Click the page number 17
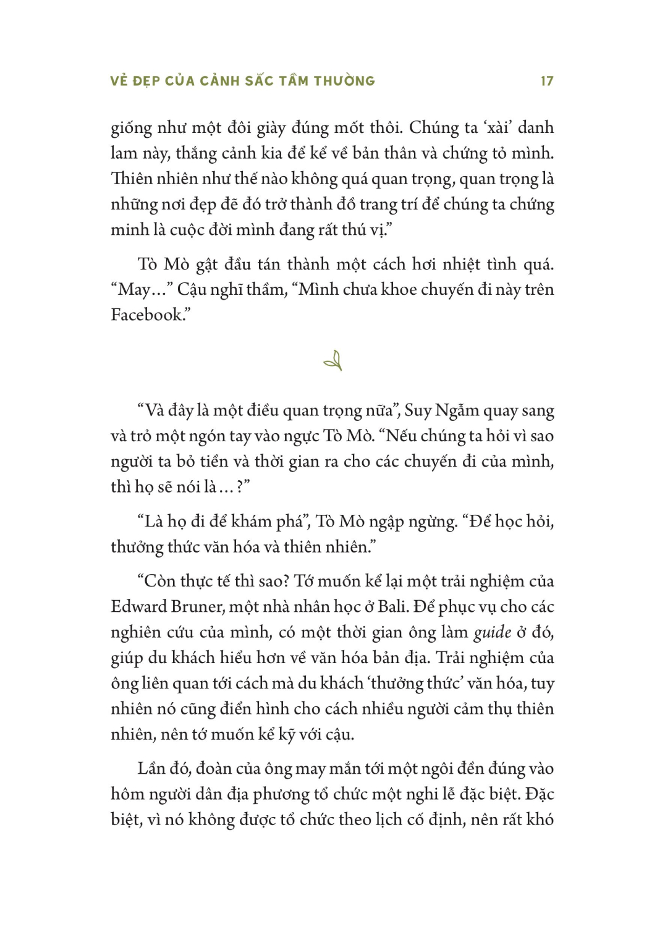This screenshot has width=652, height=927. pyautogui.click(x=546, y=81)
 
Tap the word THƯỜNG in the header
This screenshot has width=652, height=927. pyautogui.click(x=344, y=81)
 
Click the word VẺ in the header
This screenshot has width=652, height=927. pyautogui.click(x=119, y=81)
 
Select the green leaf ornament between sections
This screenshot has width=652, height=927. pyautogui.click(x=333, y=360)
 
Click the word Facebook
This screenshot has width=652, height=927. pyautogui.click(x=147, y=315)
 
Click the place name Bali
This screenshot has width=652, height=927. pyautogui.click(x=392, y=606)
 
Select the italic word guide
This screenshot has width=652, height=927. pyautogui.click(x=492, y=632)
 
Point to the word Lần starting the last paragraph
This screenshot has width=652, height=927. pyautogui.click(x=152, y=768)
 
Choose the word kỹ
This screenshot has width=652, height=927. pyautogui.click(x=287, y=735)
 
